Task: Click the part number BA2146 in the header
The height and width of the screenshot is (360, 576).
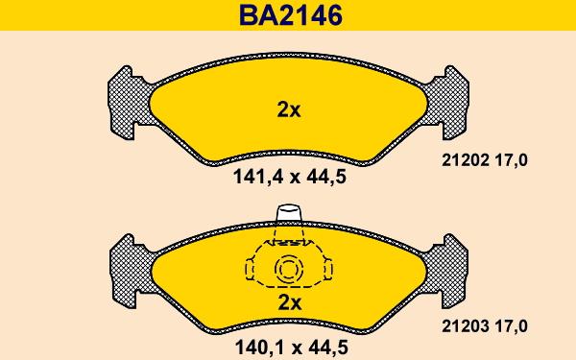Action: click(291, 15)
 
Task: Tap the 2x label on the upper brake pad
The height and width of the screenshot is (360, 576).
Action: click(289, 109)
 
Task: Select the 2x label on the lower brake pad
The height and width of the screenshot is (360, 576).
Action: click(290, 303)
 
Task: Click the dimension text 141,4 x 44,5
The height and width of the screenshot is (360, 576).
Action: click(290, 178)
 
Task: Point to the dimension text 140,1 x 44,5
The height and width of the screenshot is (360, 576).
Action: click(291, 348)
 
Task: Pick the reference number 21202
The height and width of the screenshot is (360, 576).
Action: click(466, 160)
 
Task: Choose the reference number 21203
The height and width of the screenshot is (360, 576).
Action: click(466, 326)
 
